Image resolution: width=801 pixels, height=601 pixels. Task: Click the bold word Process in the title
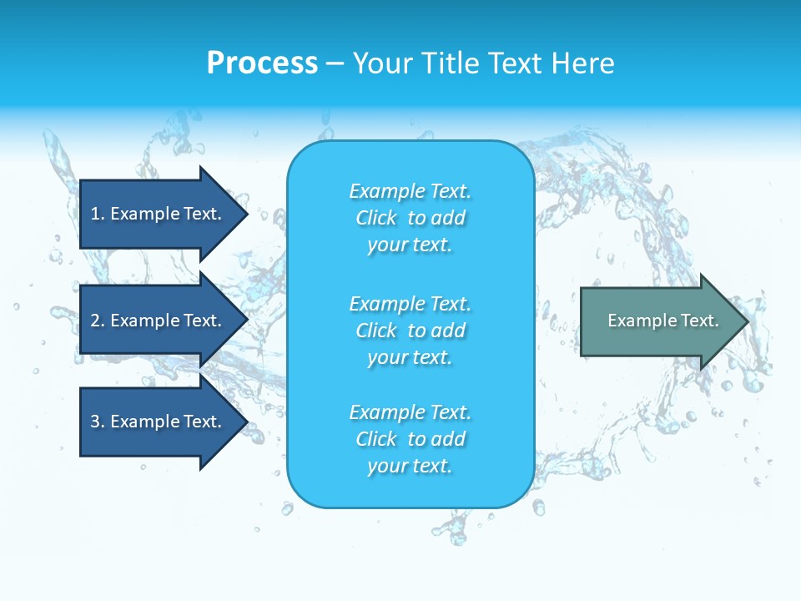click(262, 63)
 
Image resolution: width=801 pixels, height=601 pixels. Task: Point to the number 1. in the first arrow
click(98, 214)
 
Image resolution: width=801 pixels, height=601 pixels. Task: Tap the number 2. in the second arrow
click(98, 321)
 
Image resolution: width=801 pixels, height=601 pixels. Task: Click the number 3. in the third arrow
click(98, 422)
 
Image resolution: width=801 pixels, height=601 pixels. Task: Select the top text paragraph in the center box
click(410, 218)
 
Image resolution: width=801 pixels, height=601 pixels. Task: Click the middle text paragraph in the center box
click(410, 331)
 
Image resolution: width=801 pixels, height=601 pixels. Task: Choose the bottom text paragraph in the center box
click(410, 439)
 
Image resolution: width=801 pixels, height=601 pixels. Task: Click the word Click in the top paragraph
click(376, 218)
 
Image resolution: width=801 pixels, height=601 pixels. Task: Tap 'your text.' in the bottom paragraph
click(410, 466)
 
